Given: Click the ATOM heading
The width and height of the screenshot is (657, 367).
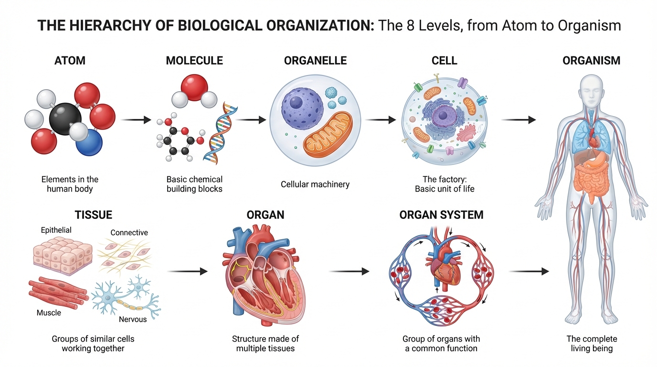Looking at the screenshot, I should pyautogui.click(x=70, y=61).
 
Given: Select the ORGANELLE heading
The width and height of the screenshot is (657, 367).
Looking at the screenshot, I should pyautogui.click(x=315, y=61).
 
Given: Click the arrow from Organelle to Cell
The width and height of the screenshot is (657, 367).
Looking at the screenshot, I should pyautogui.click(x=380, y=119).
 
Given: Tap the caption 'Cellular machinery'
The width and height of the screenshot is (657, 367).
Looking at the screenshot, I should pyautogui.click(x=315, y=184).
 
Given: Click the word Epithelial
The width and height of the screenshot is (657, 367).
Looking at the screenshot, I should pyautogui.click(x=56, y=230).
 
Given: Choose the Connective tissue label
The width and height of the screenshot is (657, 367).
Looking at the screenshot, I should pyautogui.click(x=129, y=233).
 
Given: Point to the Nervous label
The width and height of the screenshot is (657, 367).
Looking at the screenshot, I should pyautogui.click(x=133, y=319).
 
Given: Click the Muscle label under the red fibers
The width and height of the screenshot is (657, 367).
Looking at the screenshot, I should pyautogui.click(x=49, y=313).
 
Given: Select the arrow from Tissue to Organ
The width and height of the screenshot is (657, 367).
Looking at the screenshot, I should pyautogui.click(x=188, y=271).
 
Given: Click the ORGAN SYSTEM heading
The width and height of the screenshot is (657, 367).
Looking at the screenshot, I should pyautogui.click(x=441, y=215).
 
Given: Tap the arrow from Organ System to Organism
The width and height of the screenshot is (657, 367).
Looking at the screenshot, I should pyautogui.click(x=528, y=271).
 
